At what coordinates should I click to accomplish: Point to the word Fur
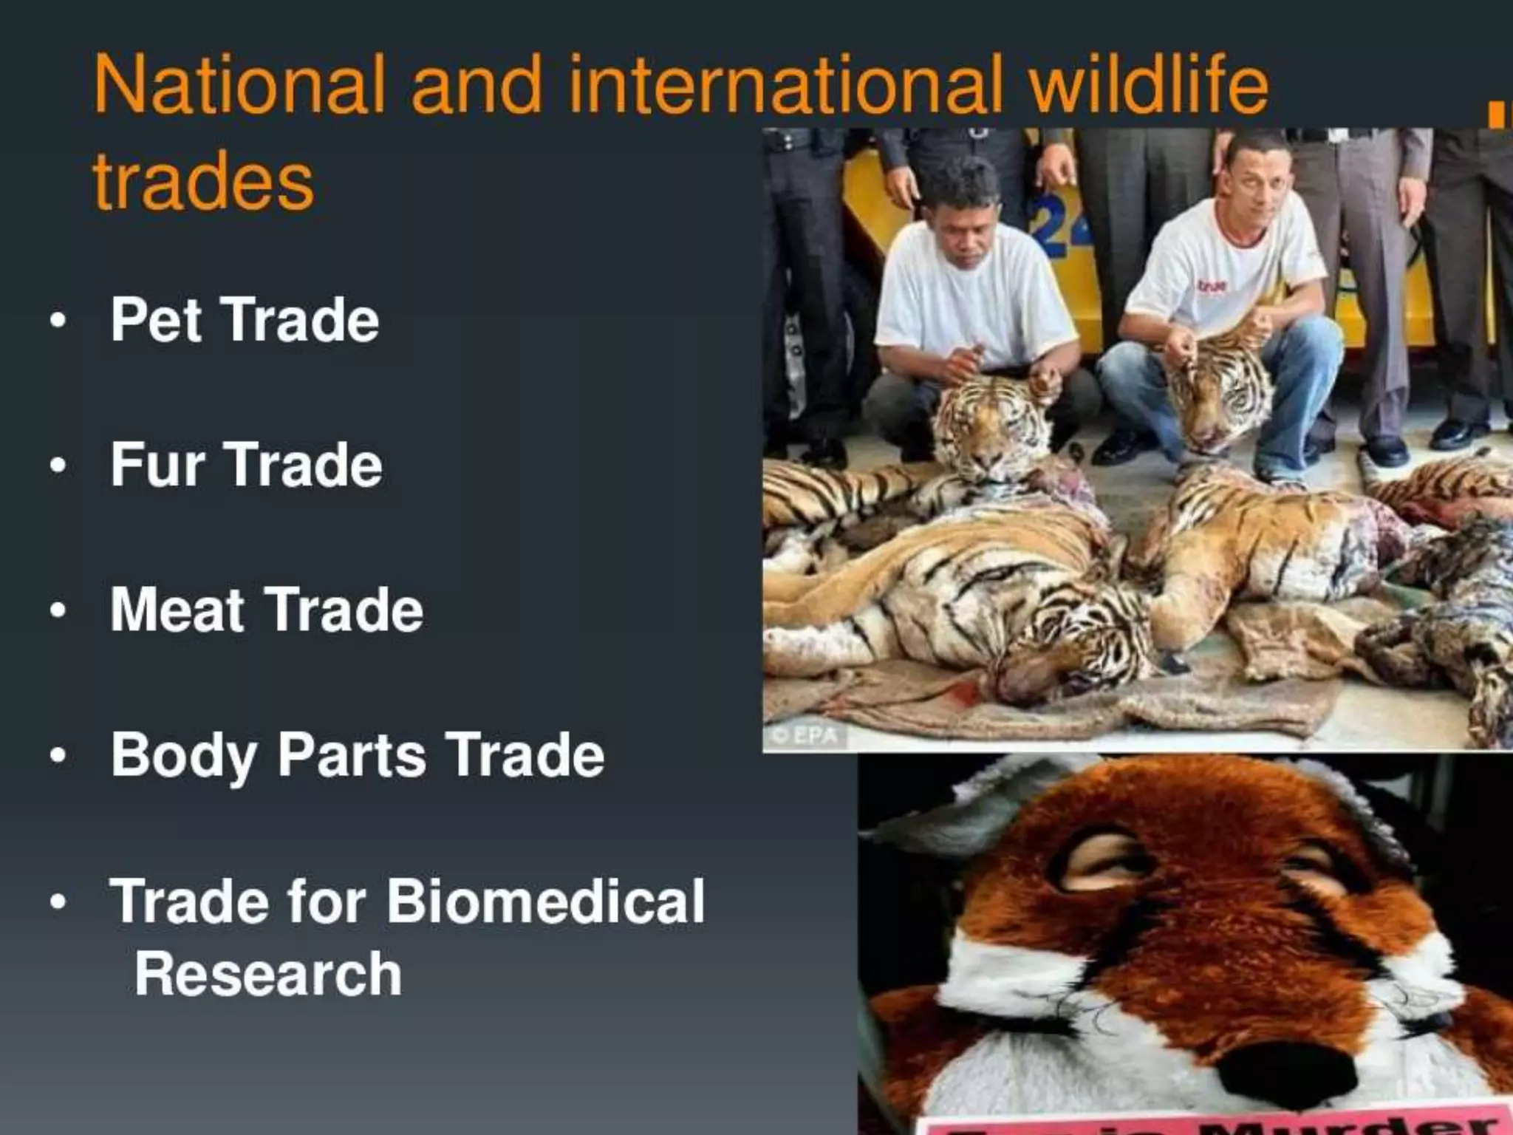[x=157, y=464]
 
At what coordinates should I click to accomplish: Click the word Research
[x=268, y=974]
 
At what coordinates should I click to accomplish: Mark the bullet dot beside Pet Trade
[x=58, y=321]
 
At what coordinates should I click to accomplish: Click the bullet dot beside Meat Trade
[x=58, y=612]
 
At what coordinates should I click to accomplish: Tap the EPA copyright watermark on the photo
[x=805, y=736]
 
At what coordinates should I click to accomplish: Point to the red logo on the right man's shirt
[x=1212, y=285]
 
